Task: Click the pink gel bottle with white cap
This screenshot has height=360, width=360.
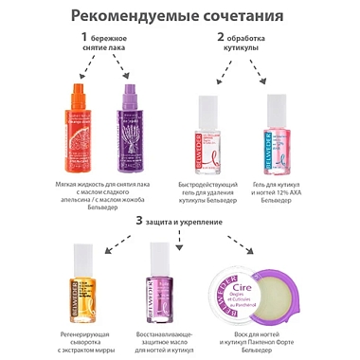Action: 277,137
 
